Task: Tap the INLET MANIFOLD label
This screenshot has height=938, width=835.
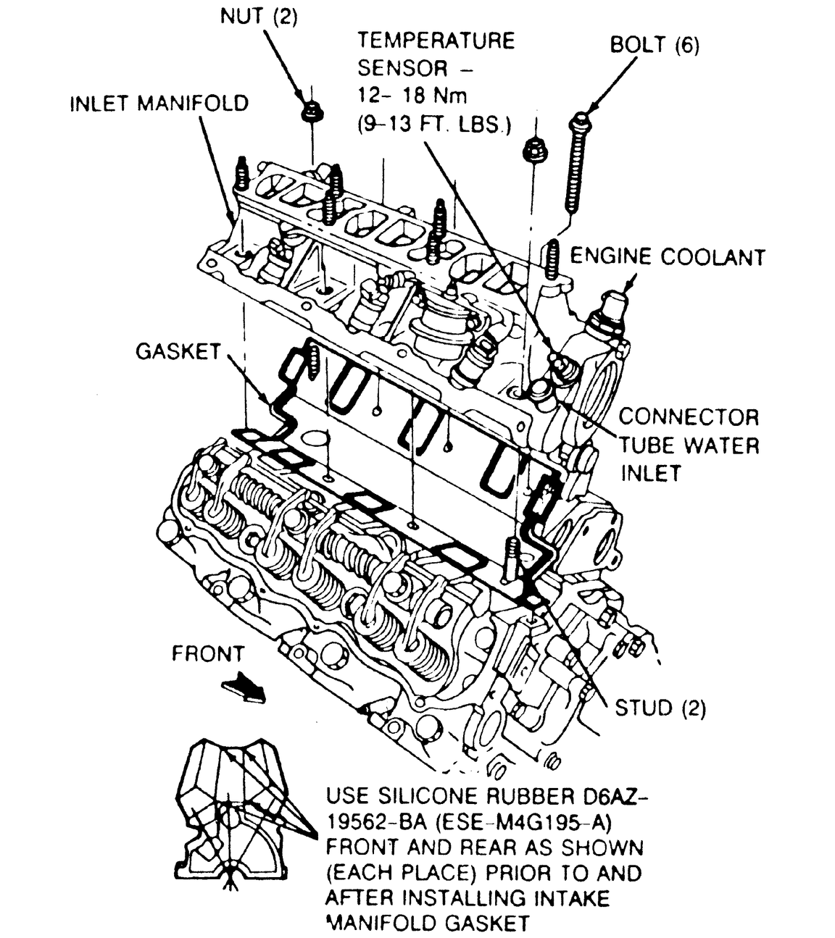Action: click(159, 103)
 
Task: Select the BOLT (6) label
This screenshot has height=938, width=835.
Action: click(655, 45)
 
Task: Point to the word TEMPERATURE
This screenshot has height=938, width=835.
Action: click(436, 40)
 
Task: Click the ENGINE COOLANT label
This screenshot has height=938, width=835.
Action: click(667, 257)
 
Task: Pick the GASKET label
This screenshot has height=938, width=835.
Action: click(178, 352)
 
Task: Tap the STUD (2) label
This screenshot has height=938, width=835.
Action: click(660, 707)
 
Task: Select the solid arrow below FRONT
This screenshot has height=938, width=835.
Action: click(244, 687)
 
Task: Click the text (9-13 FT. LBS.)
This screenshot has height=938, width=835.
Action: click(434, 124)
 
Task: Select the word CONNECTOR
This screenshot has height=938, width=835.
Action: click(689, 417)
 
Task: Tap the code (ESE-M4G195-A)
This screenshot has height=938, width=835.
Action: click(531, 822)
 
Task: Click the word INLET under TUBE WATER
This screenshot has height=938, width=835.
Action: click(650, 473)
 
